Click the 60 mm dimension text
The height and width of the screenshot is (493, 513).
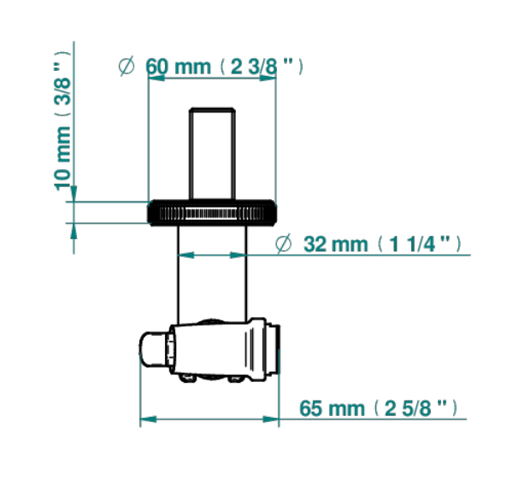click(179, 67)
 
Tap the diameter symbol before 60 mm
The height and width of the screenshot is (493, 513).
click(127, 66)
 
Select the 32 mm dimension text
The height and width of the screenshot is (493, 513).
click(336, 244)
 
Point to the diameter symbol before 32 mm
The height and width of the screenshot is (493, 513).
click(283, 244)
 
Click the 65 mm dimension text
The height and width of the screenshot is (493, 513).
click(332, 408)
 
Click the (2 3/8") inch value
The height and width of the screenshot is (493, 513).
click(261, 67)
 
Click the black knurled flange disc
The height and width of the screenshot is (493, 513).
click(212, 213)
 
